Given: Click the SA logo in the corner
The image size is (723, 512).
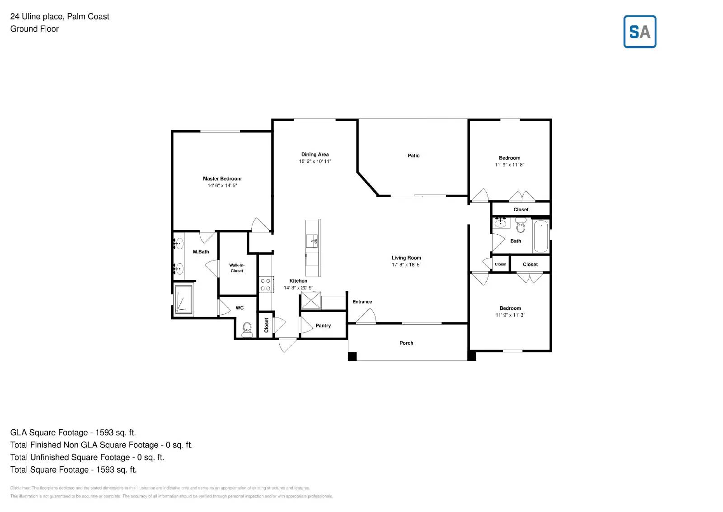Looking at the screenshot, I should coord(639,32).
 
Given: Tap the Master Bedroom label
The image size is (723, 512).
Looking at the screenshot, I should coord(222,179).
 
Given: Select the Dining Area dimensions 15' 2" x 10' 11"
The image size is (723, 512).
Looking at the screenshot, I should coord(315,161).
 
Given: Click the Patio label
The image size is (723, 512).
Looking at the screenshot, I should coord(413,156).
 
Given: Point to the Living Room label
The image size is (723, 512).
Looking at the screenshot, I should coord(406,258).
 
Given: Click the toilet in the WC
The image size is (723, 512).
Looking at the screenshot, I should coord(247,329).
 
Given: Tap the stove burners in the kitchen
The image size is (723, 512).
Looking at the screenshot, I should coord(266,284).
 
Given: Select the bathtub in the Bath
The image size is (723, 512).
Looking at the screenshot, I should coord(540,236).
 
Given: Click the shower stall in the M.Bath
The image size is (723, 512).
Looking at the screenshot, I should coord(183,299).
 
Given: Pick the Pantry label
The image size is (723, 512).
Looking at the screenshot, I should coord(323,326).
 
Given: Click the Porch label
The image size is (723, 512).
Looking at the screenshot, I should coord(406,343).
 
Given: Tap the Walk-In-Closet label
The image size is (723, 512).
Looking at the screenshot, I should coord(237,268).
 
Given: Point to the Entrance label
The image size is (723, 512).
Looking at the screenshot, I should coord(362,302).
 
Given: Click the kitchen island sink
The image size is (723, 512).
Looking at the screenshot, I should coord(312,241).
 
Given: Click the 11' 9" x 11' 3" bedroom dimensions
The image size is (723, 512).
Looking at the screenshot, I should coord(510,315).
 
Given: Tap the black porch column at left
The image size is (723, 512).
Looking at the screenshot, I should coord(352,356).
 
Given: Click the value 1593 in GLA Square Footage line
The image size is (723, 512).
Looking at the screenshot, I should coord(104,432).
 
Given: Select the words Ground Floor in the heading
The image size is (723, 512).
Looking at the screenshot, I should coord(34,29).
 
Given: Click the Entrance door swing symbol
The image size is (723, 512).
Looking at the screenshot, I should coord(367,316).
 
